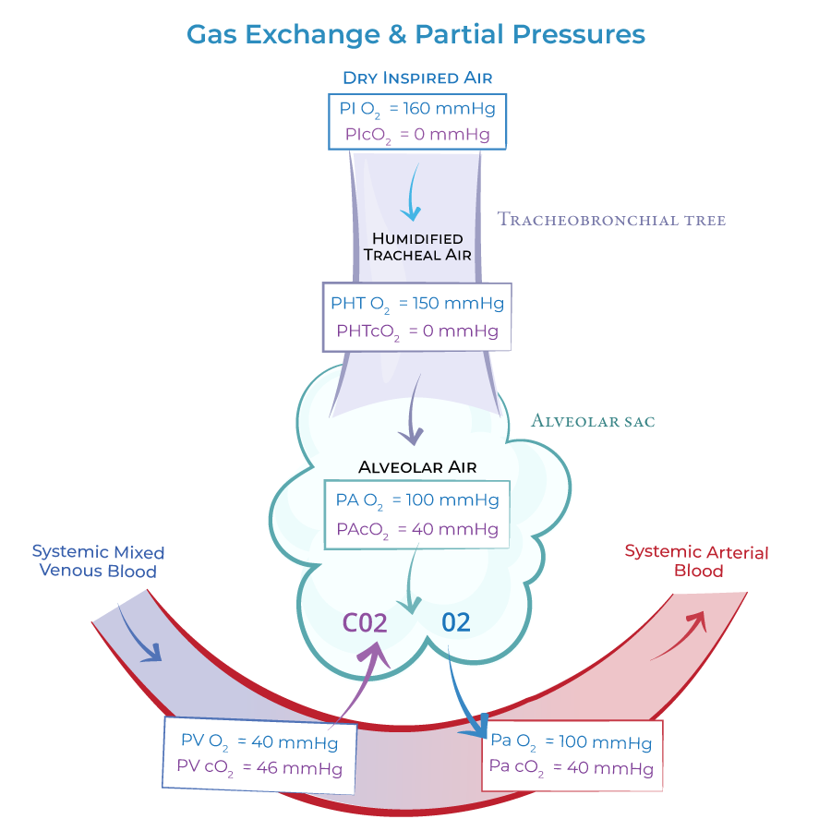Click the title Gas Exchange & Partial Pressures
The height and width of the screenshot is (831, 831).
click(x=415, y=34)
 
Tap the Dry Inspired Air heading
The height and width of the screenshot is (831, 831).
click(x=416, y=78)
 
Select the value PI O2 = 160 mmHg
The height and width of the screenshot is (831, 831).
click(x=417, y=108)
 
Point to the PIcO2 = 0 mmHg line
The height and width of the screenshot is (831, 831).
click(x=417, y=134)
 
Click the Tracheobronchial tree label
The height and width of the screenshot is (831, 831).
click(x=611, y=220)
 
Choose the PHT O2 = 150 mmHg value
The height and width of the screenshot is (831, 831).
click(x=417, y=303)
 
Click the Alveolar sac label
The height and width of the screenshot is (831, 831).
click(x=593, y=421)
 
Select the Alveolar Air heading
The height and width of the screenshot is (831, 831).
click(x=417, y=467)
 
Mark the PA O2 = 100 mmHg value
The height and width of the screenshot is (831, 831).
click(x=417, y=500)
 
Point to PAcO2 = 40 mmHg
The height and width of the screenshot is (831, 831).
click(x=417, y=529)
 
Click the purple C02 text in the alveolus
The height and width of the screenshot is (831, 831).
click(x=365, y=622)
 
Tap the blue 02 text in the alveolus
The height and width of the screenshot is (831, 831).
click(x=455, y=622)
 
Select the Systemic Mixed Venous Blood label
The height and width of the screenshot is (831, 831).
click(x=98, y=561)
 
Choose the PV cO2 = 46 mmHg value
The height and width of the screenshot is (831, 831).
click(x=259, y=767)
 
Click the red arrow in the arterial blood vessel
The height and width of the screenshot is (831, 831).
click(x=683, y=635)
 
